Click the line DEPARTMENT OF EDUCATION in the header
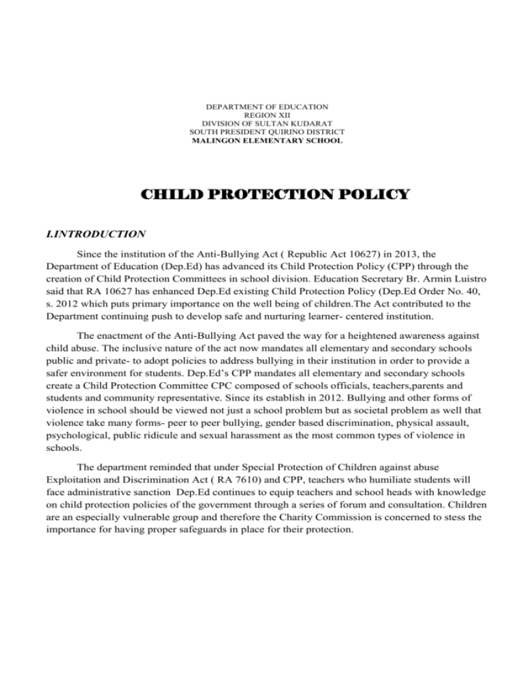(266, 107)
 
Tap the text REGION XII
(266, 115)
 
